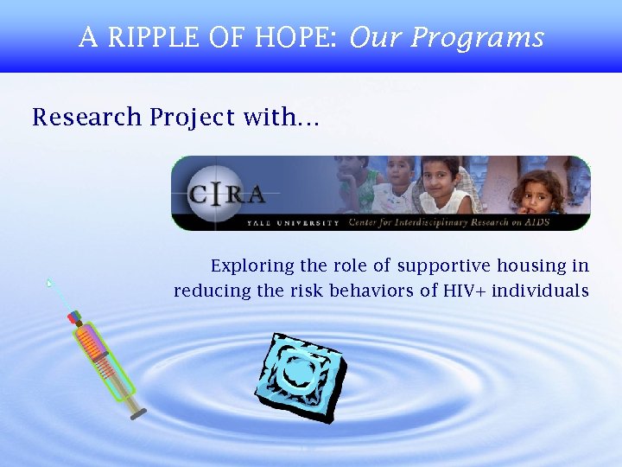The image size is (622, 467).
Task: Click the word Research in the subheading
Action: [86, 118]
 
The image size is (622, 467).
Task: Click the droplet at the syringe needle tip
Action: [50, 282]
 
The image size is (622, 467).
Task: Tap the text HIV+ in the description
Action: [464, 291]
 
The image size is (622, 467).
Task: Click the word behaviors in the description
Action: [373, 291]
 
